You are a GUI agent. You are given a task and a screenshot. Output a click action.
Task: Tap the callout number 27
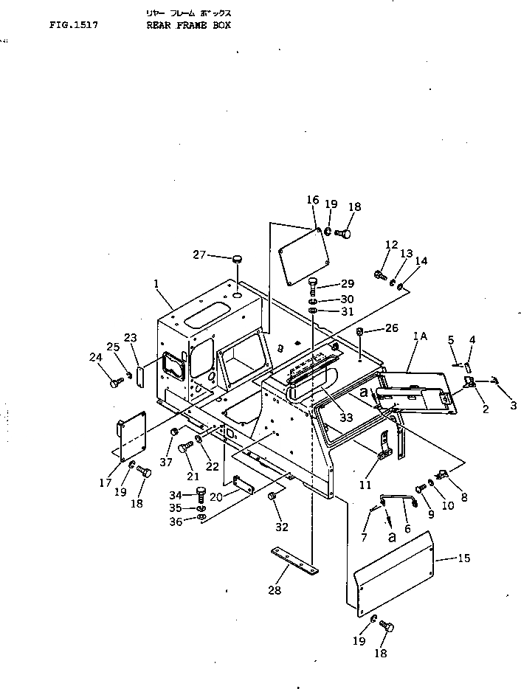[199, 255]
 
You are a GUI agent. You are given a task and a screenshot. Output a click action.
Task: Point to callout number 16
[312, 200]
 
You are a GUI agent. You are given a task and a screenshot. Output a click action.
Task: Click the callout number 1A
[421, 336]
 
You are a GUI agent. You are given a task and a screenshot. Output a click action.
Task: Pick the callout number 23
[131, 338]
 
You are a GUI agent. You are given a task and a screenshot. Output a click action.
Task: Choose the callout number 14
[421, 260]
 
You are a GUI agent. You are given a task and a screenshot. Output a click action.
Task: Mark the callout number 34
[176, 494]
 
